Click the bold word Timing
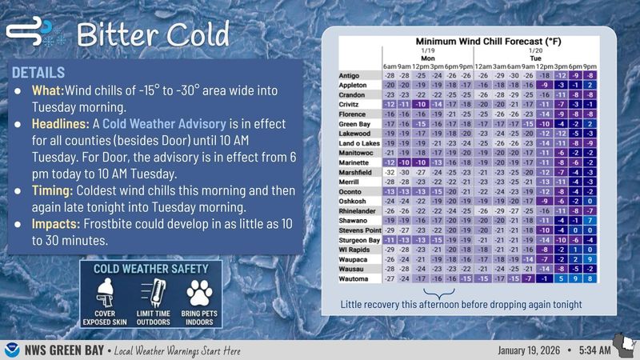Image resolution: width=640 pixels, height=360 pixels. (54, 191)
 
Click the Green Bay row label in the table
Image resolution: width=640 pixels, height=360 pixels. (355, 124)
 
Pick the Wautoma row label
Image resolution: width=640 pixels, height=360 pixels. (354, 278)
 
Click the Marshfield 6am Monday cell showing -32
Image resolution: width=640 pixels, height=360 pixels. (390, 171)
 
